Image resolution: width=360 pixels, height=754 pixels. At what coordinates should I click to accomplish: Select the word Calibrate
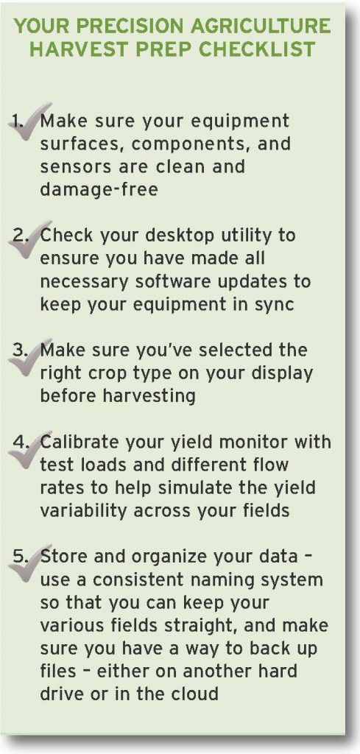click(81, 443)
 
